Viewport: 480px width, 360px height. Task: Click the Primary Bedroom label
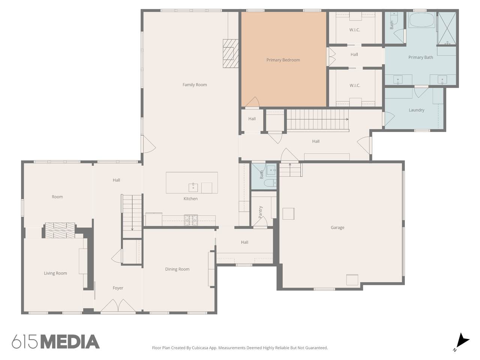click(283, 60)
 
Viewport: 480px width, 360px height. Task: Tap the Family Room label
click(195, 85)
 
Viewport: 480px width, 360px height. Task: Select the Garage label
click(337, 228)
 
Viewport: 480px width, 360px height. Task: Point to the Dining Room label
click(177, 269)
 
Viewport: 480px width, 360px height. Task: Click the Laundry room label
click(416, 110)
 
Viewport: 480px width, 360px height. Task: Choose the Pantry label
click(260, 212)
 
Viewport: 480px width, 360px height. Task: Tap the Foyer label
click(118, 288)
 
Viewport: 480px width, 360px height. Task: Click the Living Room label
click(55, 273)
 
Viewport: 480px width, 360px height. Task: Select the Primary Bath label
click(420, 57)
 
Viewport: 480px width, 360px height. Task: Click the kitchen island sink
click(193, 187)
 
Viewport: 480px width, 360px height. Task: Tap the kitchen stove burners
click(191, 220)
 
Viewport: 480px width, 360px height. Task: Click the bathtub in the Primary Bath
click(422, 19)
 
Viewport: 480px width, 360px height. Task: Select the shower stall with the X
click(447, 28)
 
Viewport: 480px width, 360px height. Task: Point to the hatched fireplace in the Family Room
click(231, 53)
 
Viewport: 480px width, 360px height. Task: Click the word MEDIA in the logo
click(70, 342)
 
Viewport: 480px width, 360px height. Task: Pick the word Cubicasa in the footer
click(200, 348)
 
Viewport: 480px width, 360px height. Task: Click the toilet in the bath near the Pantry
click(270, 183)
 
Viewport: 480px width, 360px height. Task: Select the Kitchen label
click(190, 199)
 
